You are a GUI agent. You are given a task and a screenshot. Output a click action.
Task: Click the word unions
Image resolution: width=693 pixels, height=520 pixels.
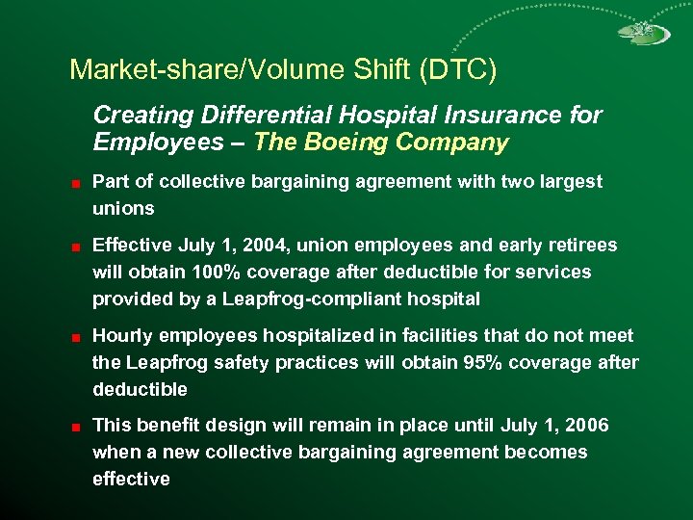pyautogui.click(x=123, y=208)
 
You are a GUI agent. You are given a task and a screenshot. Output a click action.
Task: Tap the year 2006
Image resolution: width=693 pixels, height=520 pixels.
pyautogui.click(x=587, y=425)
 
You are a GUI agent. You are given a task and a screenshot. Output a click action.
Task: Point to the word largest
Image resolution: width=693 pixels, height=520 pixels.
pyautogui.click(x=571, y=181)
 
